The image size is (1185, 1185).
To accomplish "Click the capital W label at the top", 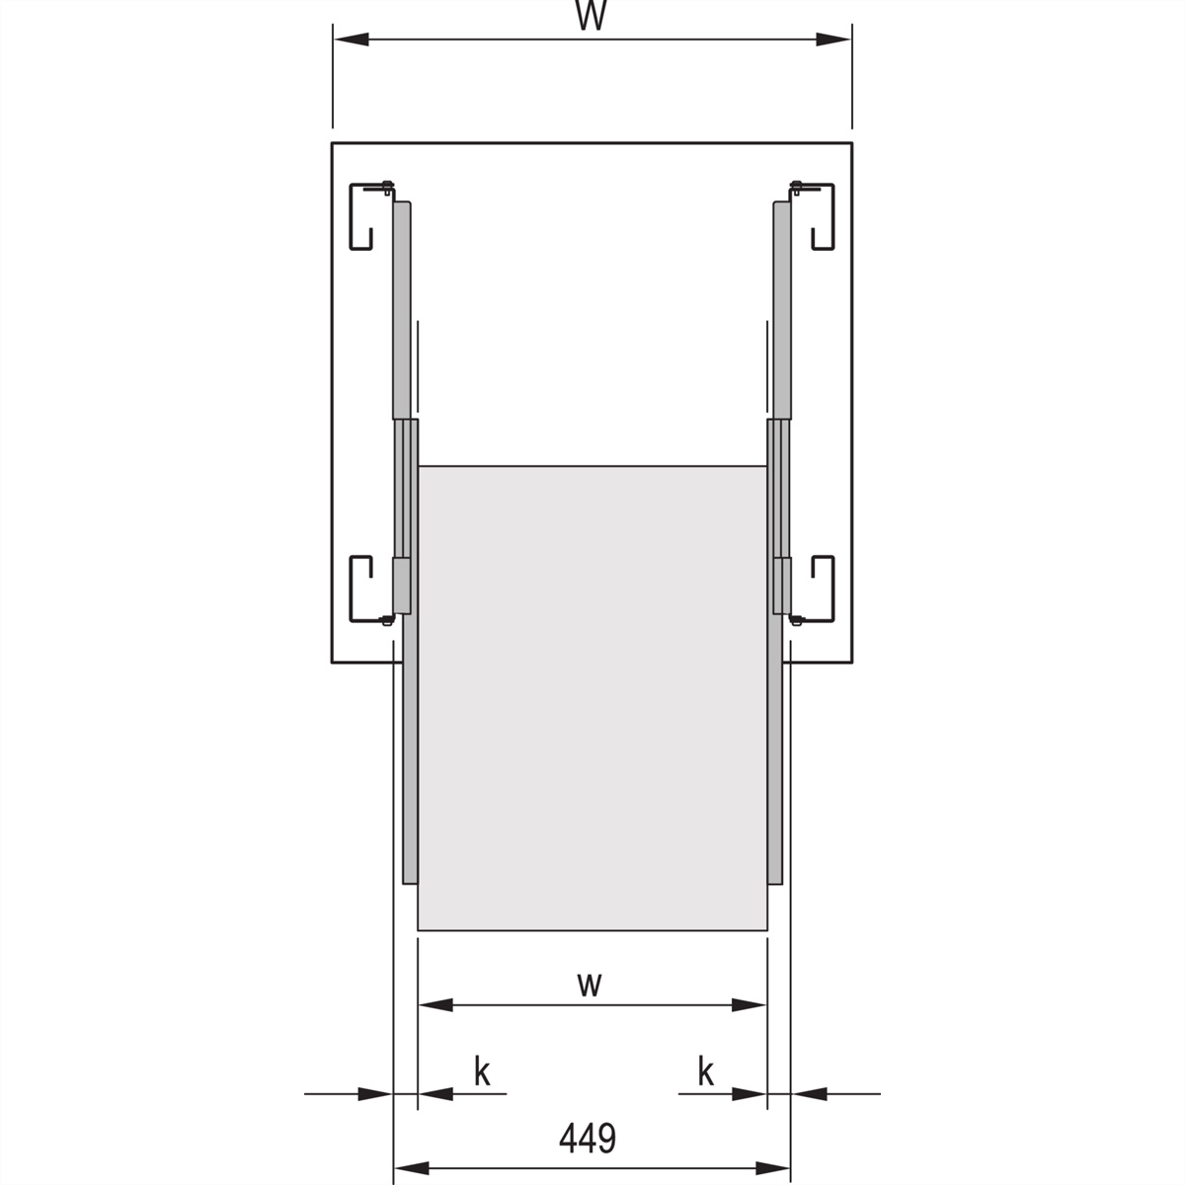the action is tap(591, 16).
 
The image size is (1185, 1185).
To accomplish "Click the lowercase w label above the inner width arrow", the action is tap(590, 984).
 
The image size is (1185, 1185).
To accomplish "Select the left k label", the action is tap(482, 1072).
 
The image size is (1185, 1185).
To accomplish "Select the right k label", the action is tap(706, 1072).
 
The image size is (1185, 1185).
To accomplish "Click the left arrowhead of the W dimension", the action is tap(352, 39).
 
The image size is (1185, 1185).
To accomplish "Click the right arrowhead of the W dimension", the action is tap(833, 39).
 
